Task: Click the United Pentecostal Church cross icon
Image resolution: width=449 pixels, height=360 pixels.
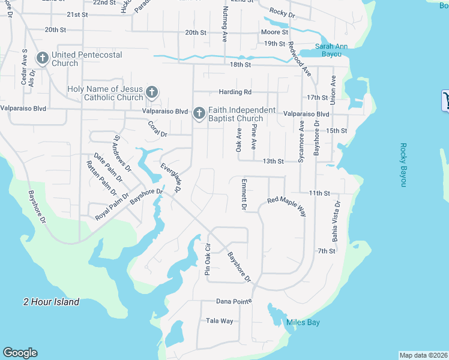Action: click(x=43, y=58)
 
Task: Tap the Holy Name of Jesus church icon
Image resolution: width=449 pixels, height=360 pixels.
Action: click(x=152, y=92)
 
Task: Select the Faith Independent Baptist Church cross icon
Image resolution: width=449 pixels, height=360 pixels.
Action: click(x=199, y=113)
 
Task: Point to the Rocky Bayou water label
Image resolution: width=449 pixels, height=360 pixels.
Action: click(x=404, y=165)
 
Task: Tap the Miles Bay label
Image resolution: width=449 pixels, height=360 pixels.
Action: click(x=303, y=323)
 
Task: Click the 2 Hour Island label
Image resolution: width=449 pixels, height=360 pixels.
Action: click(x=51, y=302)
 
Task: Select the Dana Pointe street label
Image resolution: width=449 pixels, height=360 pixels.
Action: click(x=232, y=302)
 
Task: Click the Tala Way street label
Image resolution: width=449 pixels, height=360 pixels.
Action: click(x=219, y=321)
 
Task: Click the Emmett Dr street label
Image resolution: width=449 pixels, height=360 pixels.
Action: click(x=244, y=194)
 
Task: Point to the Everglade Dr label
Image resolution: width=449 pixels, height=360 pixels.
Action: click(x=170, y=178)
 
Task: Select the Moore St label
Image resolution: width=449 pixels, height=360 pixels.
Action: click(x=274, y=32)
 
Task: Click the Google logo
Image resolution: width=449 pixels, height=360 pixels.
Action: click(x=20, y=353)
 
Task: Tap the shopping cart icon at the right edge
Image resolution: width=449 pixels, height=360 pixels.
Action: click(x=446, y=100)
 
